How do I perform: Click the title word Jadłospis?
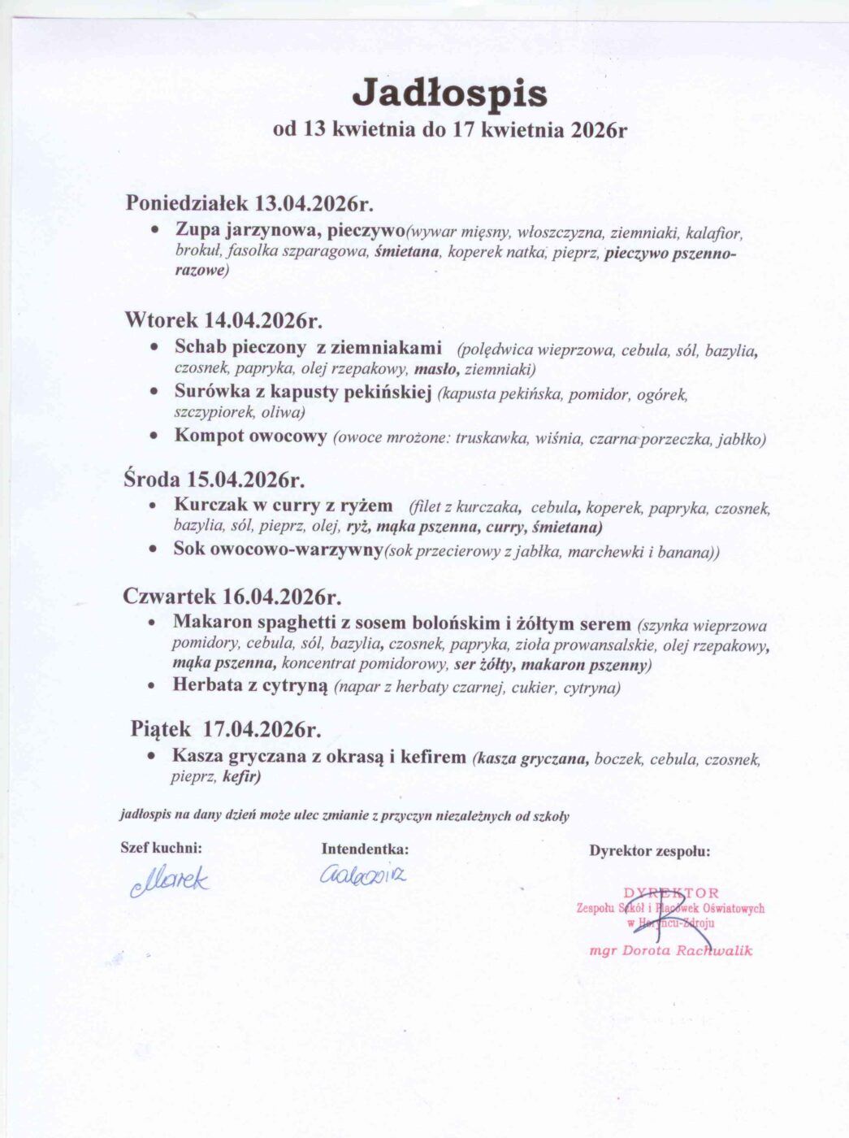click(449, 93)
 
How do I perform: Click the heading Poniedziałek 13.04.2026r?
click(249, 202)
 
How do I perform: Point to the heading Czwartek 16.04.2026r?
click(232, 596)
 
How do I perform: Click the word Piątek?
click(161, 728)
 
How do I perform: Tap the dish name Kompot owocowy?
click(250, 435)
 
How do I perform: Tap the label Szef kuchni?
click(161, 848)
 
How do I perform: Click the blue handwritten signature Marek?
click(170, 880)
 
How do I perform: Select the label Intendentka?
click(365, 849)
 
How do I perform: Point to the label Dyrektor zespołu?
click(650, 851)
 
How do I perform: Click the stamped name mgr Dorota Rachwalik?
click(671, 950)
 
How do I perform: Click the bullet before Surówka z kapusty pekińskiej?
click(154, 392)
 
